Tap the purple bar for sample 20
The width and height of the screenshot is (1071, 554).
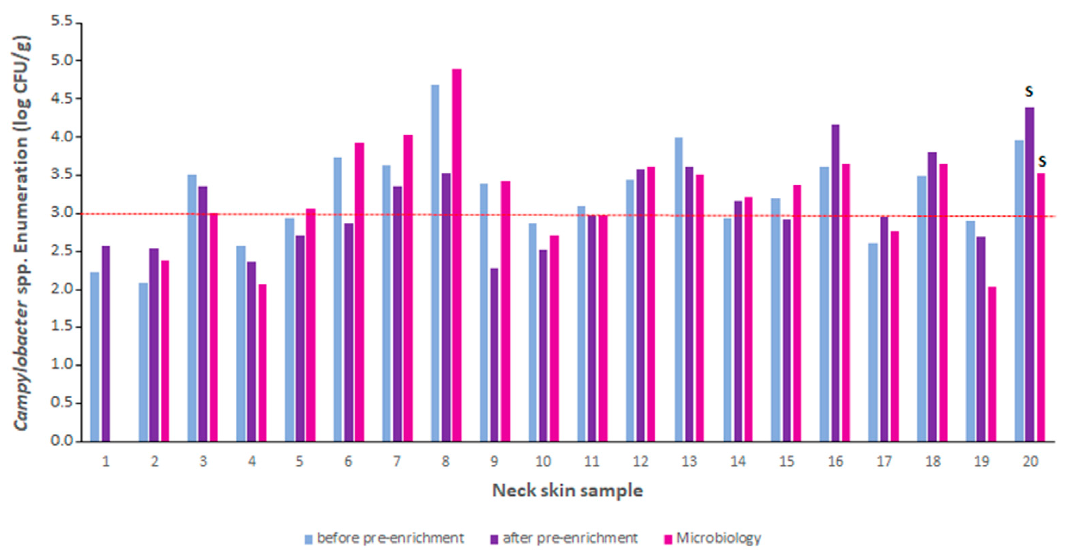(x=1029, y=274)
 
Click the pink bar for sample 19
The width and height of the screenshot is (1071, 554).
(x=992, y=363)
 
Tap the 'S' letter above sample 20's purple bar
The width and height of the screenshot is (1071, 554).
(x=1029, y=91)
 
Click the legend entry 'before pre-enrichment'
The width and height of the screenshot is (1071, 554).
(x=390, y=538)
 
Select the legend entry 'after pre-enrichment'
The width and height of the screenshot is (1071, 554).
(x=569, y=538)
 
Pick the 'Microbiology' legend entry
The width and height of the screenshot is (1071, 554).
(x=718, y=538)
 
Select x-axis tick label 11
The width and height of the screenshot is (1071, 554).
(x=591, y=461)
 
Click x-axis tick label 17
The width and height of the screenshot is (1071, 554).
(x=884, y=461)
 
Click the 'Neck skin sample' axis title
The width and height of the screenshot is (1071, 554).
(x=567, y=491)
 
